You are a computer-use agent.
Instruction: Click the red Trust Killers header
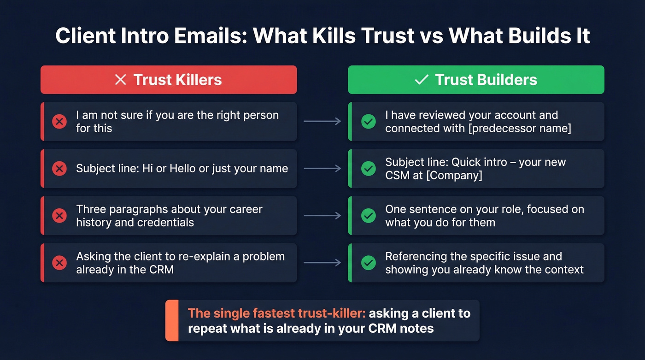coord(169,80)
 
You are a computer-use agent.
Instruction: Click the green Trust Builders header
coord(476,80)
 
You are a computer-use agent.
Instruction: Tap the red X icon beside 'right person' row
coord(59,122)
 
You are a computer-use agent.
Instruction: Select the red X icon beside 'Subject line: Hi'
coord(59,169)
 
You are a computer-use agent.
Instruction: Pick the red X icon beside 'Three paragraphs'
coord(59,216)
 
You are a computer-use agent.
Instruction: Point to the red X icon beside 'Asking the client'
coord(59,263)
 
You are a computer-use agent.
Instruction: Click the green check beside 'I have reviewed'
coord(368,122)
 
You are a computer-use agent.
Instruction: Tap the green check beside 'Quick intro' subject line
coord(368,169)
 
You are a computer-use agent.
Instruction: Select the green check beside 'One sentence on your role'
coord(368,216)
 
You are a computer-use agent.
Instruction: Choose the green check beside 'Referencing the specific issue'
coord(368,263)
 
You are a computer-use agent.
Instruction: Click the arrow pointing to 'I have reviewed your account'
coord(322,122)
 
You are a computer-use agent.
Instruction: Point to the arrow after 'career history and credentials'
coord(322,216)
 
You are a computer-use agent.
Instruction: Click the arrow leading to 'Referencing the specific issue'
coord(322,263)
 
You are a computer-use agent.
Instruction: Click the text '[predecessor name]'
coord(519,128)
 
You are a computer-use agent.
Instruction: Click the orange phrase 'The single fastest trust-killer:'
coord(277,313)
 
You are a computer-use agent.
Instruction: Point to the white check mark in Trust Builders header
coord(421,80)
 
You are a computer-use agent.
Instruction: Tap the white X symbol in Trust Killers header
coord(120,80)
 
